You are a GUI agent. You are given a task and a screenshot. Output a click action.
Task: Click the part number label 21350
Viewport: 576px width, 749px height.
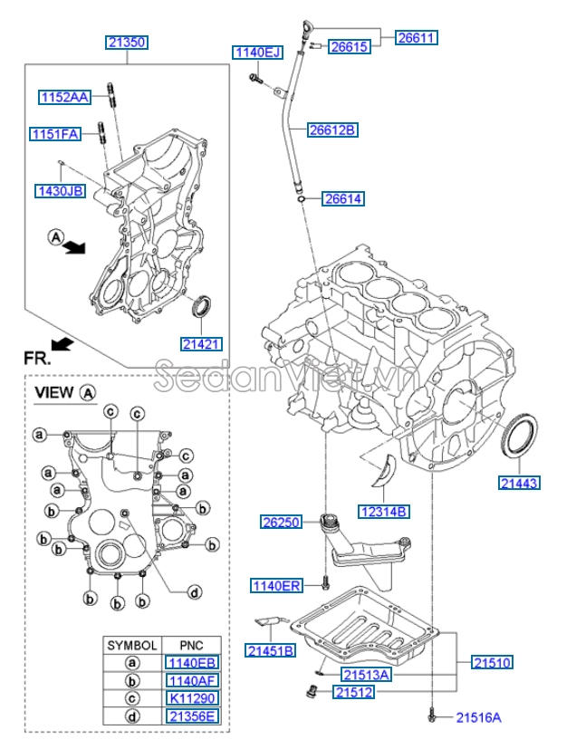click(x=126, y=42)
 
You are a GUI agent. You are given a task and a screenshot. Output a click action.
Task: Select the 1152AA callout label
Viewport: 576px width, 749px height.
click(x=64, y=96)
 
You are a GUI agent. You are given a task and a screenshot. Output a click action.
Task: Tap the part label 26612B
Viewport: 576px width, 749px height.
click(x=331, y=130)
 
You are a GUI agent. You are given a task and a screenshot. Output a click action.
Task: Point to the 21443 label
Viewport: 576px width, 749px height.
click(x=519, y=483)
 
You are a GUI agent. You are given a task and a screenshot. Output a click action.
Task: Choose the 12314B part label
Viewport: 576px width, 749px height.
click(x=385, y=512)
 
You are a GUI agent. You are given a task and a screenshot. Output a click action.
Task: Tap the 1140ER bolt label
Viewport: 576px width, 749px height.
click(x=275, y=586)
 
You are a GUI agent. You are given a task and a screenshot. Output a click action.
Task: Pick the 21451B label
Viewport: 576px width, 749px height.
click(x=269, y=650)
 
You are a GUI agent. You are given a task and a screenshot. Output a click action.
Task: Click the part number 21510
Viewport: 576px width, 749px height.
click(x=492, y=663)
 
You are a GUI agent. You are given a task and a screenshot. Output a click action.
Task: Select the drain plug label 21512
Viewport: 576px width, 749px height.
click(x=354, y=692)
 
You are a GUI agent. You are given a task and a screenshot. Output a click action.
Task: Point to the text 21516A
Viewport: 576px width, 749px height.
click(x=478, y=716)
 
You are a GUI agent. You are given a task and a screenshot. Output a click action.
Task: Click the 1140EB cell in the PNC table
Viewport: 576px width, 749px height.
click(x=191, y=662)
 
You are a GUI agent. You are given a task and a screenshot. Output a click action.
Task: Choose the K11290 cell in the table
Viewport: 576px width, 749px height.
click(x=191, y=698)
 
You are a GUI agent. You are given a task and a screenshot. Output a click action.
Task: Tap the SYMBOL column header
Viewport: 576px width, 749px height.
click(x=132, y=645)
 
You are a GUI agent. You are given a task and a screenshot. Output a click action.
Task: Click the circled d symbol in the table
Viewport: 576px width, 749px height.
click(x=132, y=716)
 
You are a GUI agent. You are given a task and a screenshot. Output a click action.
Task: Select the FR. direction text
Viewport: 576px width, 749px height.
click(x=37, y=358)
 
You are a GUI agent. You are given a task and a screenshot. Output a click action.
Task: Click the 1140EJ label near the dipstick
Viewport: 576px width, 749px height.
click(x=259, y=53)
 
